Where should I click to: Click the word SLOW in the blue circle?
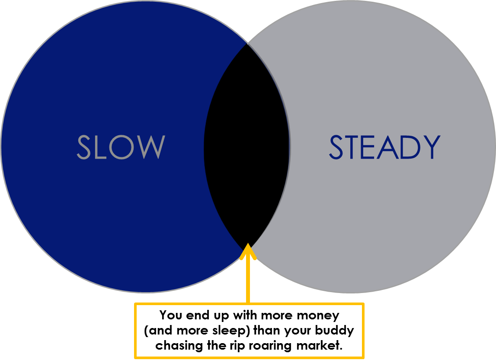click(121, 147)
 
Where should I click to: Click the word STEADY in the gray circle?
click(385, 147)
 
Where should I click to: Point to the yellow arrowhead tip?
click(248, 243)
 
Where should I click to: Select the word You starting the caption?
click(171, 315)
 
